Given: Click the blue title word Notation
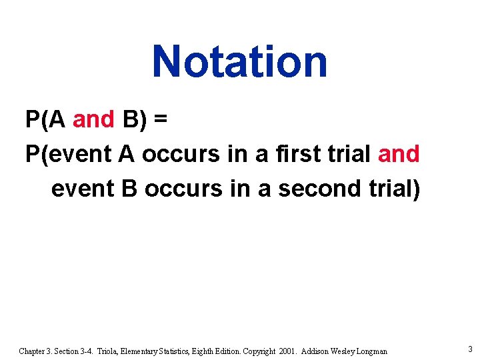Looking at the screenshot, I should [239, 61].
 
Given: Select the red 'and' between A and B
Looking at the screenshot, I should [94, 120].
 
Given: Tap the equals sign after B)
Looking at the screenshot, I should [160, 120].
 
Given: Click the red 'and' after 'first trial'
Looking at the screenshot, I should [399, 154].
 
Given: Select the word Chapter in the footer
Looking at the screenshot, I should [32, 351].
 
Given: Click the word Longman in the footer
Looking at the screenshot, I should [369, 351].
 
